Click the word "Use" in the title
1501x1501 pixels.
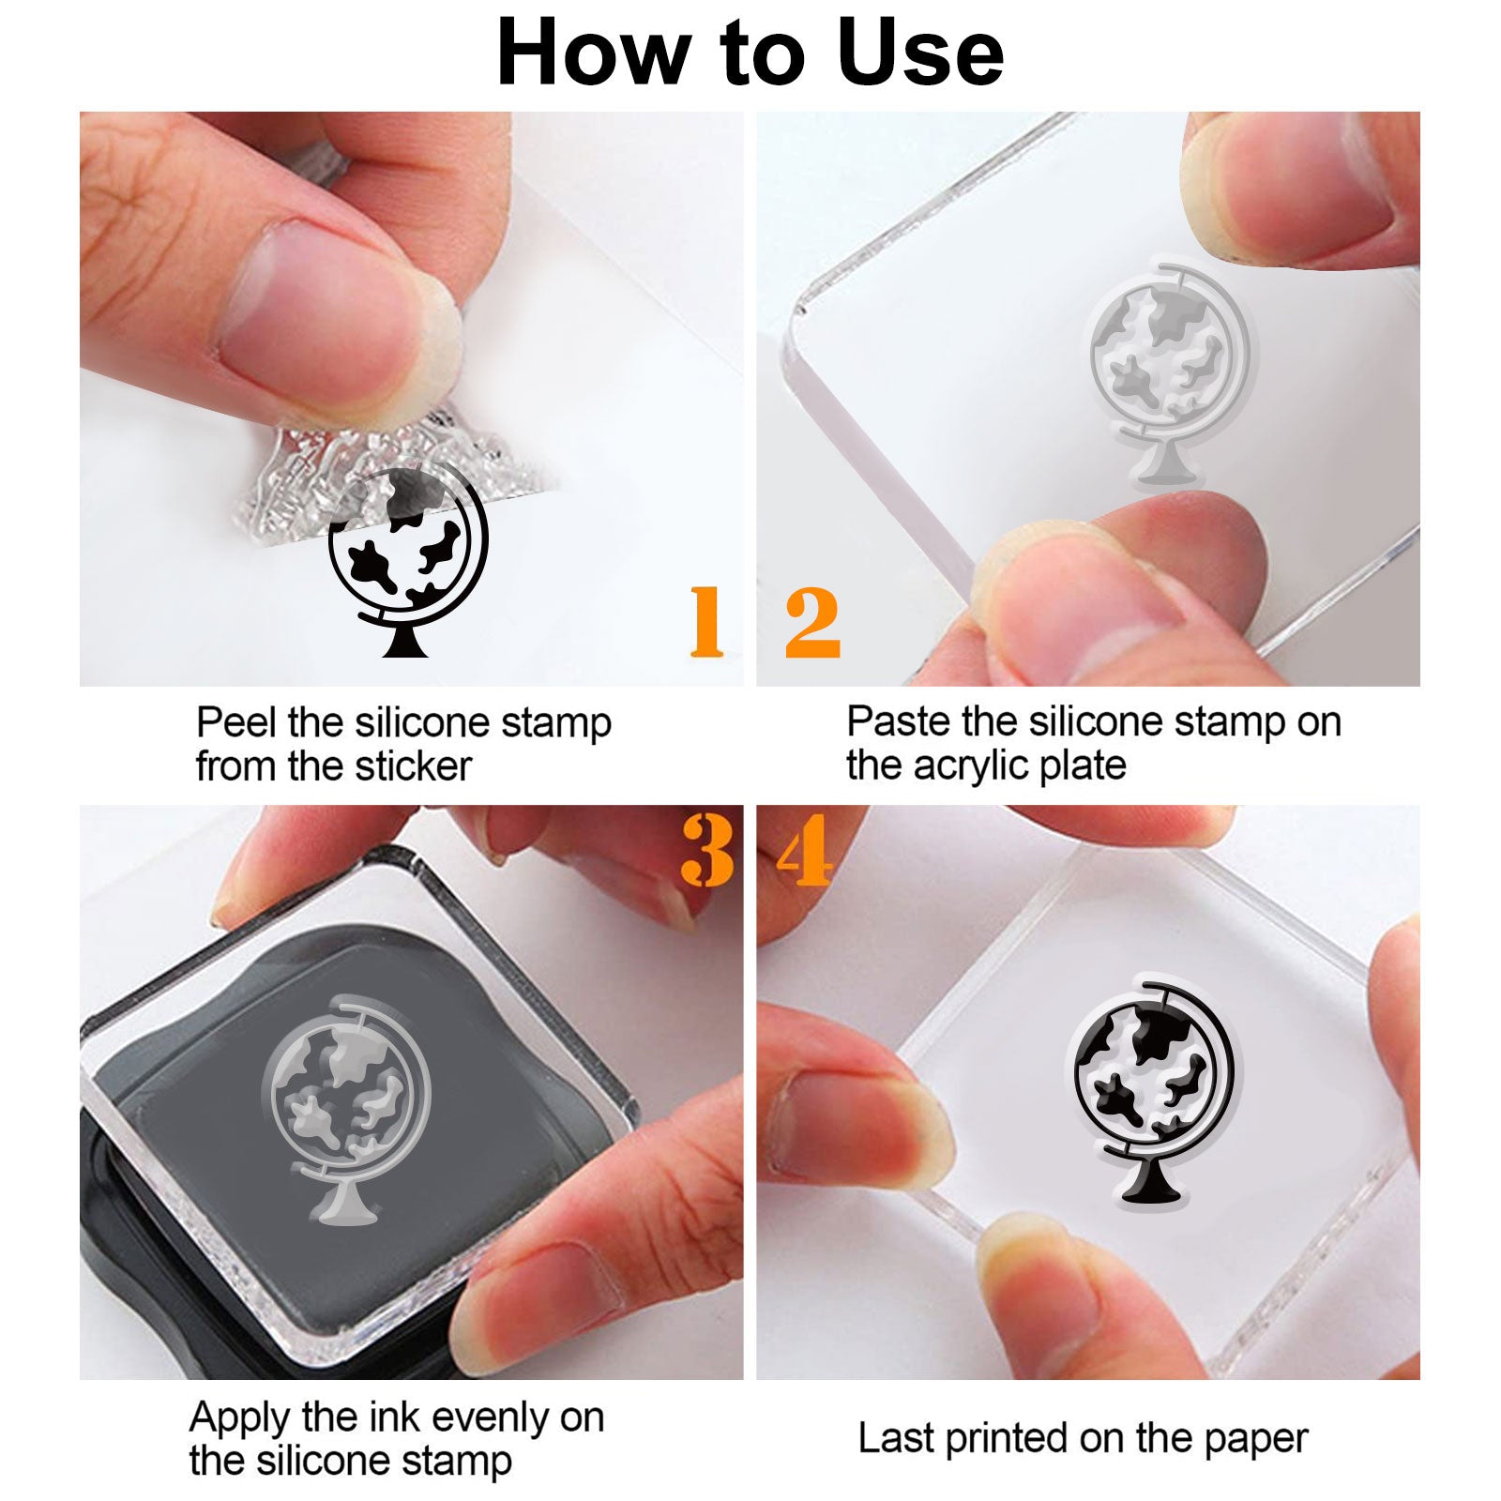click(x=920, y=53)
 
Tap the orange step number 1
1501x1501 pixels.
click(x=706, y=621)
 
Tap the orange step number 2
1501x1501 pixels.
click(x=812, y=621)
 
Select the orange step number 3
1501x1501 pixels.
click(x=708, y=850)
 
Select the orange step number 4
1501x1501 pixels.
click(x=805, y=850)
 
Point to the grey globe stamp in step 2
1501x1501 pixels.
click(x=1169, y=375)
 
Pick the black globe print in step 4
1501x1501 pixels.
click(x=1153, y=1092)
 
